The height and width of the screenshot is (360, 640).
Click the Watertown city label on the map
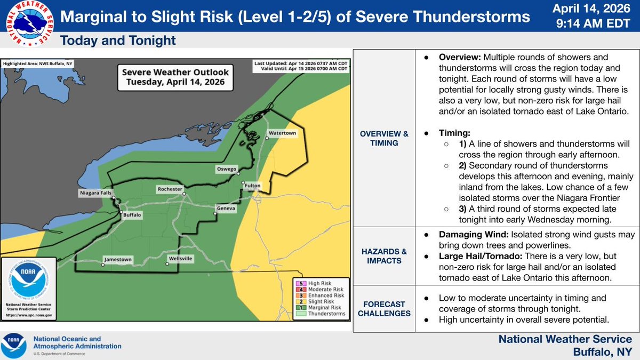point(282,132)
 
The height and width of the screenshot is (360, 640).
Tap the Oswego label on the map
point(226,169)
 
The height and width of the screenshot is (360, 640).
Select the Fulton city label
point(253,186)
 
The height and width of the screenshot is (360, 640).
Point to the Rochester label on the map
point(170,189)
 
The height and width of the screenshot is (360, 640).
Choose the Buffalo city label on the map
point(131,215)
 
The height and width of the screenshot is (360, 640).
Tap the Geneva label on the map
point(226,208)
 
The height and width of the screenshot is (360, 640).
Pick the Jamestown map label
point(117,260)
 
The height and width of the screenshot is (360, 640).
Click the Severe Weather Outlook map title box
point(175,77)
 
